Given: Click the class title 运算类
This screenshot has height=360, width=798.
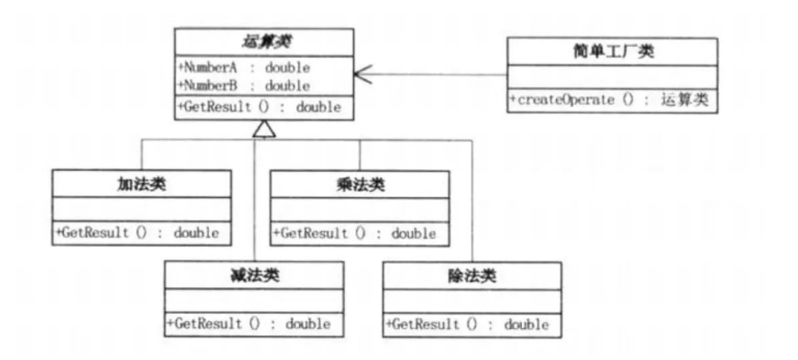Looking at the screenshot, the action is (x=264, y=43).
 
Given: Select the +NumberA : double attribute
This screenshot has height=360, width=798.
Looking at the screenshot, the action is (x=244, y=67).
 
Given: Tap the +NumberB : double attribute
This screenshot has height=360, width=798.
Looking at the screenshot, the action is (x=244, y=86).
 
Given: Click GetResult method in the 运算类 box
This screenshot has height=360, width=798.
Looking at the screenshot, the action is (x=260, y=107).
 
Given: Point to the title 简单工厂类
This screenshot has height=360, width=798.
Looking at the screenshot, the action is (x=612, y=51).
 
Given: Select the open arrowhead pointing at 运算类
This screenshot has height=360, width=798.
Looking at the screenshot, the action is (x=364, y=74).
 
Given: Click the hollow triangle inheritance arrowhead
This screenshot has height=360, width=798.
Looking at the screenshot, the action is (x=264, y=129).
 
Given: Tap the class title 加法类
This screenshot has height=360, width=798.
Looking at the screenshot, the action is (x=141, y=184).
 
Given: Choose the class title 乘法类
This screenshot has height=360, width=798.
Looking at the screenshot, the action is (x=360, y=184).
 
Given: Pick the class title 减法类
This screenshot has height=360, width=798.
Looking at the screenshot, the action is (x=254, y=275).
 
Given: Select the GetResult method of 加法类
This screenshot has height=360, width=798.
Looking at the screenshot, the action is (x=138, y=234).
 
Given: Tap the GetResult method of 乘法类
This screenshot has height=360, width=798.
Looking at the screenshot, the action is (x=355, y=234).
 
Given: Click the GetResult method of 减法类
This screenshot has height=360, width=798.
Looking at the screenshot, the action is (x=249, y=324).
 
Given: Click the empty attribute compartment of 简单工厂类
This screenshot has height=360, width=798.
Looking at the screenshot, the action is (x=612, y=77).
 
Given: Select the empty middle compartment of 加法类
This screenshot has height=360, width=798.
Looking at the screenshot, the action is (x=141, y=210).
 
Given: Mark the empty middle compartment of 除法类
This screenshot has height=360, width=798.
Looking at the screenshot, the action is (x=472, y=301).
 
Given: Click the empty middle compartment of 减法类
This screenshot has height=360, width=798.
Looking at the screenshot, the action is (x=254, y=300).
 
